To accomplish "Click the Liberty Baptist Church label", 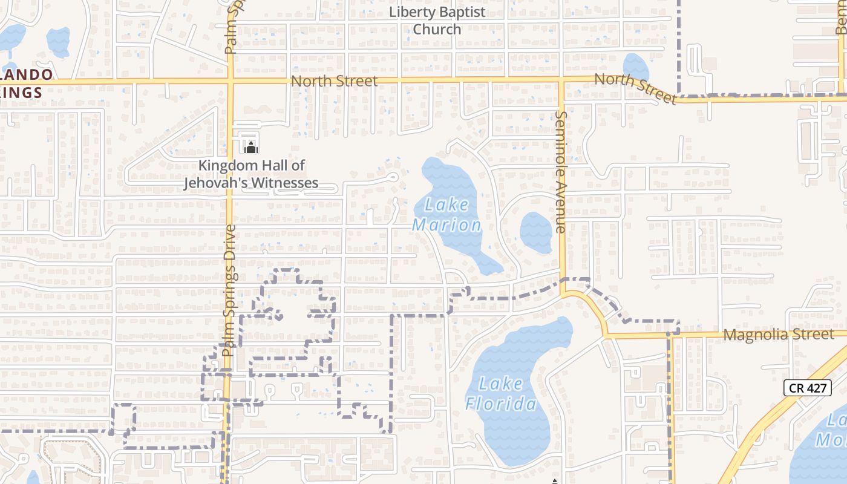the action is coord(437,21).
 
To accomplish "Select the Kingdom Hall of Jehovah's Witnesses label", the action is coord(251,174).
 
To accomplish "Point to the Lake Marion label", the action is coord(447,215).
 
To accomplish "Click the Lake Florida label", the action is coord(501,393).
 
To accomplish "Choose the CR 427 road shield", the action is coord(807,388).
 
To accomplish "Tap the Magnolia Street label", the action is coord(779,335).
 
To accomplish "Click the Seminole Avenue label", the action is coord(561,172).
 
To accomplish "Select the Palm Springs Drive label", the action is coord(229,290).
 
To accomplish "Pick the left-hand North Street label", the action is coord(334,81).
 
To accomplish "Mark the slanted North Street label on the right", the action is coord(635,88).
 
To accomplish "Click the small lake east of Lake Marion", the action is coord(536,232).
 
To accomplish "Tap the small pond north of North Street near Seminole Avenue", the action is coord(635,67).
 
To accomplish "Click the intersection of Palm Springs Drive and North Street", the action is coord(231,80).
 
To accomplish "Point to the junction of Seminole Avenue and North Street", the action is coord(561,80).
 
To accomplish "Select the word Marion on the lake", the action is coord(447,226).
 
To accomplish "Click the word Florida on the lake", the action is coord(501,404).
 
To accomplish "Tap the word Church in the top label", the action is coord(437,29).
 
